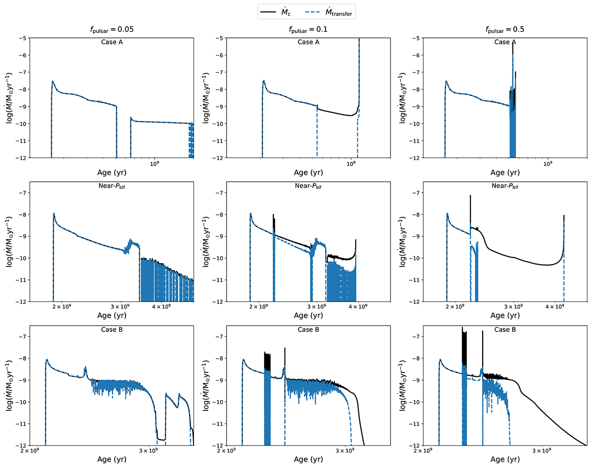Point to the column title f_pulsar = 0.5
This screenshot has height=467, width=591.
(x=504, y=29)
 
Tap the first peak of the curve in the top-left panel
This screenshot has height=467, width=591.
(x=53, y=81)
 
